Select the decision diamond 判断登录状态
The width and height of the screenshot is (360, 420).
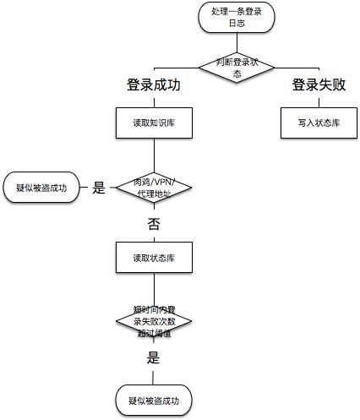coord(226,68)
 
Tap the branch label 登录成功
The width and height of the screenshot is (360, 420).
coord(154,85)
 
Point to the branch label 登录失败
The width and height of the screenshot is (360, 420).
coord(319,85)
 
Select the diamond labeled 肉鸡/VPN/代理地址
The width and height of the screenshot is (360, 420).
coord(153,188)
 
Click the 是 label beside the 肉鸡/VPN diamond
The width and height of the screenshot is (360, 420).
coord(98,188)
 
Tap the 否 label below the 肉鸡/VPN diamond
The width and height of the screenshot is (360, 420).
coord(153,224)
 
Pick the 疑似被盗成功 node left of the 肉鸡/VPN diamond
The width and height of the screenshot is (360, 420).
coord(41,187)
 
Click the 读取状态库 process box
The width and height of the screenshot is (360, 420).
coord(153,257)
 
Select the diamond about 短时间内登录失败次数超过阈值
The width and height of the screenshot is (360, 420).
coord(153,321)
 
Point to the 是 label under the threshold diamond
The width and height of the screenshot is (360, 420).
coord(154,357)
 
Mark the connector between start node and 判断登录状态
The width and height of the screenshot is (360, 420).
coord(226,42)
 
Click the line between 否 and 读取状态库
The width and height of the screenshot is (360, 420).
coord(153,237)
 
